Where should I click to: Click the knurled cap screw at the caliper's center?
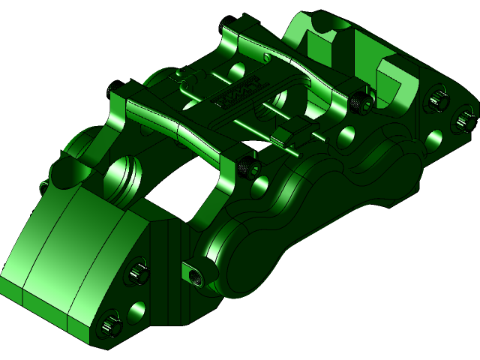pyautogui.click(x=247, y=167)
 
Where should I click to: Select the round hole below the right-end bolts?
pyautogui.click(x=433, y=139)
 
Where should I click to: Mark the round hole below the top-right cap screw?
pyautogui.click(x=346, y=136)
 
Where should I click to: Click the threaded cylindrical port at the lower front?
pyautogui.click(x=194, y=274)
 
